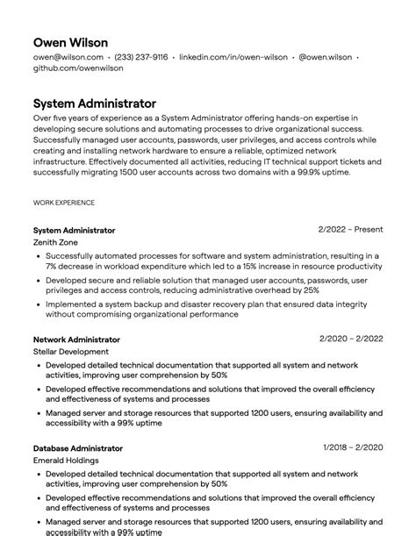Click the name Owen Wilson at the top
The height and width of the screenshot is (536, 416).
point(71,42)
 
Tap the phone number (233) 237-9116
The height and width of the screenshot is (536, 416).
point(141,57)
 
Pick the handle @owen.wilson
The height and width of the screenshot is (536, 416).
point(325,57)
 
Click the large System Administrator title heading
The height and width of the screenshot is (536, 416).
point(95,104)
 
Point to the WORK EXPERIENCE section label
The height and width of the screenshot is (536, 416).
point(64,202)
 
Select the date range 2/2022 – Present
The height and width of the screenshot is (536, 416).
point(350,230)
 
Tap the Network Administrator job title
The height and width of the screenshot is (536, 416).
point(76,339)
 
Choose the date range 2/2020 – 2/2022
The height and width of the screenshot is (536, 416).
point(351,339)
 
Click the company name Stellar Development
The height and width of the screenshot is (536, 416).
point(71,351)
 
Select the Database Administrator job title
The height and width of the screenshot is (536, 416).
point(78,448)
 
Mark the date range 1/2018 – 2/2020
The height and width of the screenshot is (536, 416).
point(353,448)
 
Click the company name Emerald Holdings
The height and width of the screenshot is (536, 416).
point(66,460)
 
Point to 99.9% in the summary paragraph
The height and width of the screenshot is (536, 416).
point(310,173)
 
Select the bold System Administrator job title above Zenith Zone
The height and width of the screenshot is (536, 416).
point(74,230)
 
